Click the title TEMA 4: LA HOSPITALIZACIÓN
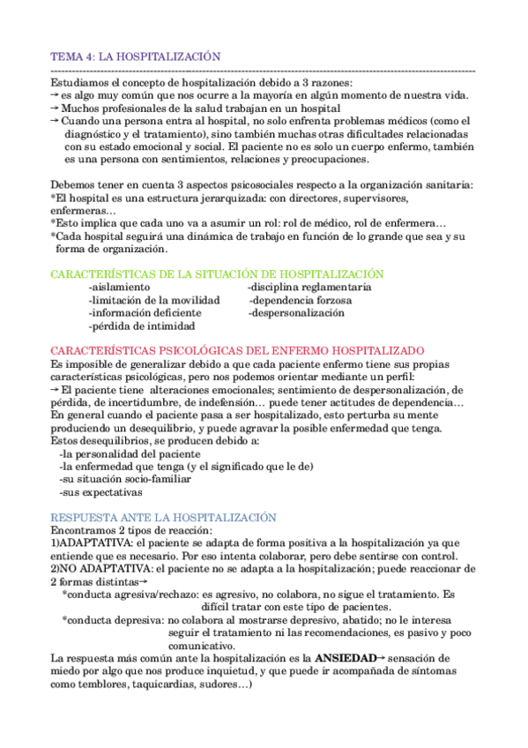coord(135,56)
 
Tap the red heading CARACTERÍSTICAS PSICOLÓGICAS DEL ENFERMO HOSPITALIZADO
coord(238,350)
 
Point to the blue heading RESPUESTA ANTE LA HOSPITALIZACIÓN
coord(164,517)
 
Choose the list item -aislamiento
coord(119,288)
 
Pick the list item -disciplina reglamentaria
coord(309,288)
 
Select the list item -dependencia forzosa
coord(300,300)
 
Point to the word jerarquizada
coord(223,198)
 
